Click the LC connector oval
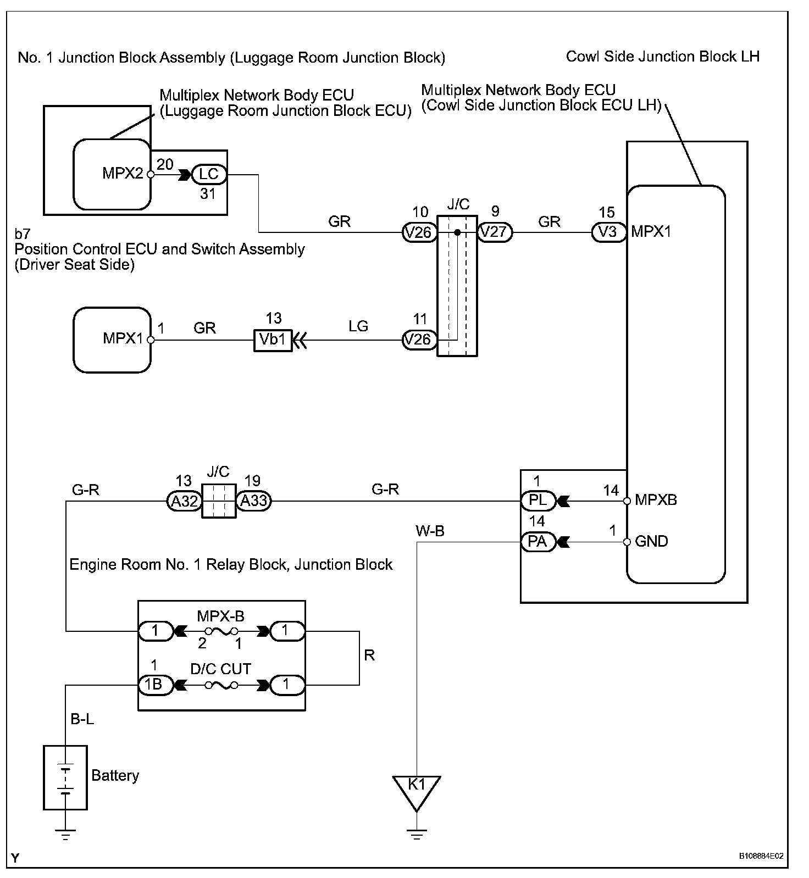click(x=208, y=175)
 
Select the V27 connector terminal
click(x=495, y=232)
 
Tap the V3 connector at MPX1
click(x=609, y=232)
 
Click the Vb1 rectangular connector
click(x=273, y=340)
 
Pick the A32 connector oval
click(x=184, y=501)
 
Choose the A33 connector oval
click(x=253, y=501)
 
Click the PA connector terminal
click(x=538, y=542)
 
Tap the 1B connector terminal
click(x=155, y=685)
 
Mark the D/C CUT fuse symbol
click(x=220, y=685)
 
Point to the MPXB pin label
click(x=656, y=500)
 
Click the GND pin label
click(x=651, y=541)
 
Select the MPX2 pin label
click(x=123, y=174)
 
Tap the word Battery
click(x=115, y=775)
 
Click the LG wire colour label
click(x=358, y=326)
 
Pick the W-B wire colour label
click(x=430, y=531)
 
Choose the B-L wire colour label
click(x=82, y=719)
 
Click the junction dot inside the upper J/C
click(x=457, y=232)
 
